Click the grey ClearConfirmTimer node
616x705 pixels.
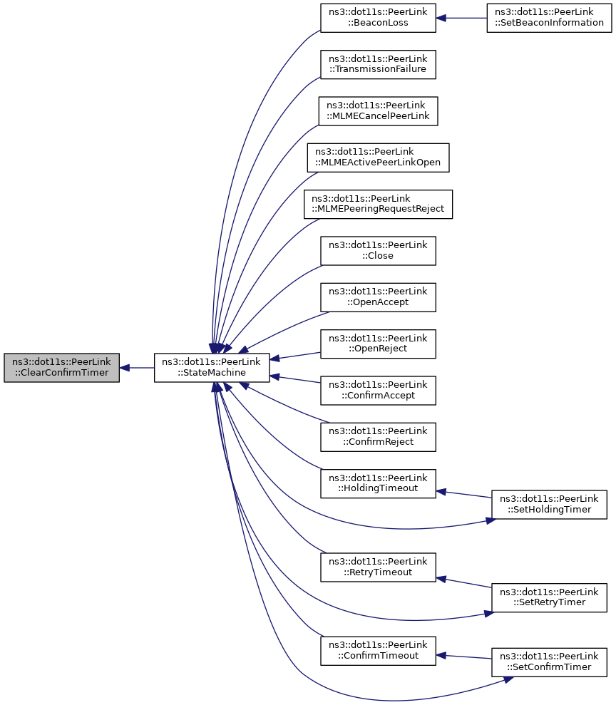(61, 368)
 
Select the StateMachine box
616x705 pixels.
(212, 368)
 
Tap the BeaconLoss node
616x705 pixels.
(378, 18)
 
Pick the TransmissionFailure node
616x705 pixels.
(378, 64)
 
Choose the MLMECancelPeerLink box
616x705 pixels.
(378, 111)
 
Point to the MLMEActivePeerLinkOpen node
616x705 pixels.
(378, 158)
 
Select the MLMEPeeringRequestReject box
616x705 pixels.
(378, 204)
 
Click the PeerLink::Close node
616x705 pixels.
(378, 250)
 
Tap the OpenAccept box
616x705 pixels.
(378, 297)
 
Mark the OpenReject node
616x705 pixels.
(378, 344)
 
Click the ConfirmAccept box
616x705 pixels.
(378, 390)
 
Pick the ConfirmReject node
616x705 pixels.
(378, 436)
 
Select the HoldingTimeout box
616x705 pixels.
(378, 483)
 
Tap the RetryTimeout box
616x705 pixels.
(378, 567)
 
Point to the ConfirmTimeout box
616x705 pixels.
(378, 650)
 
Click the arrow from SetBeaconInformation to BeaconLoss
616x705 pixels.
(463, 18)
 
